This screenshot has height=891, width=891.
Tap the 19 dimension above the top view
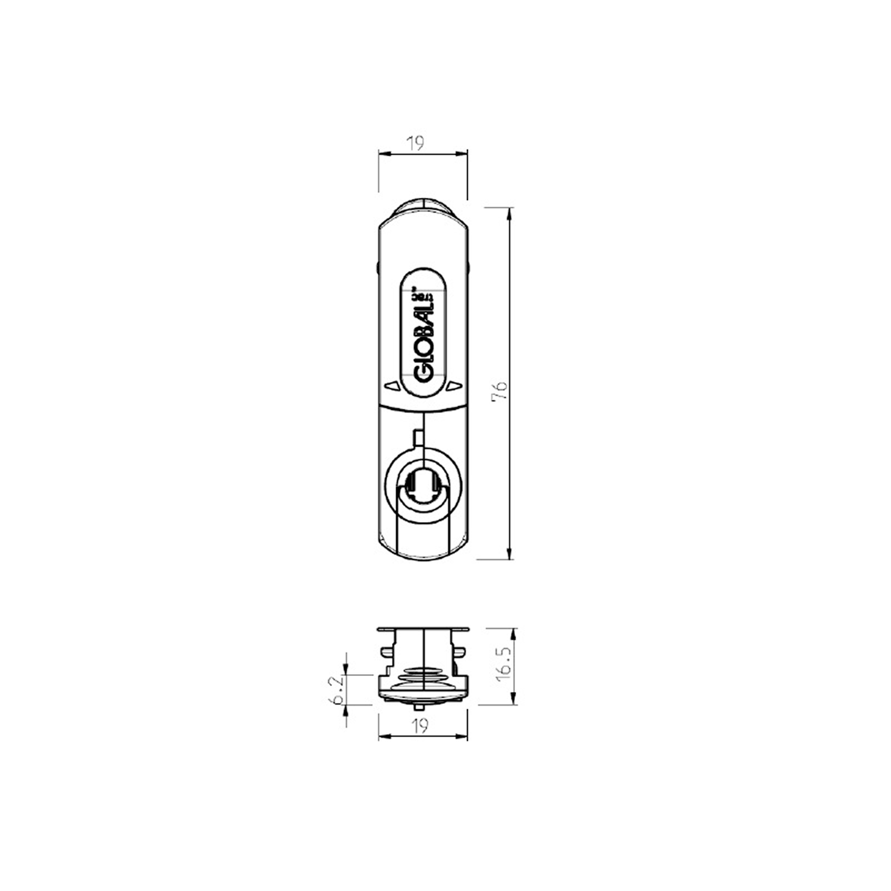[415, 143]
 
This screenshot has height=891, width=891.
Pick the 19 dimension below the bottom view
[421, 726]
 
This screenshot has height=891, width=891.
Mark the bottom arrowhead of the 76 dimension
[511, 554]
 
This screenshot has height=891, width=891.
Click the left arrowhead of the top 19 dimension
[384, 154]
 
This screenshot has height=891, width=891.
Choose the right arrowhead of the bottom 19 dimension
[463, 737]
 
